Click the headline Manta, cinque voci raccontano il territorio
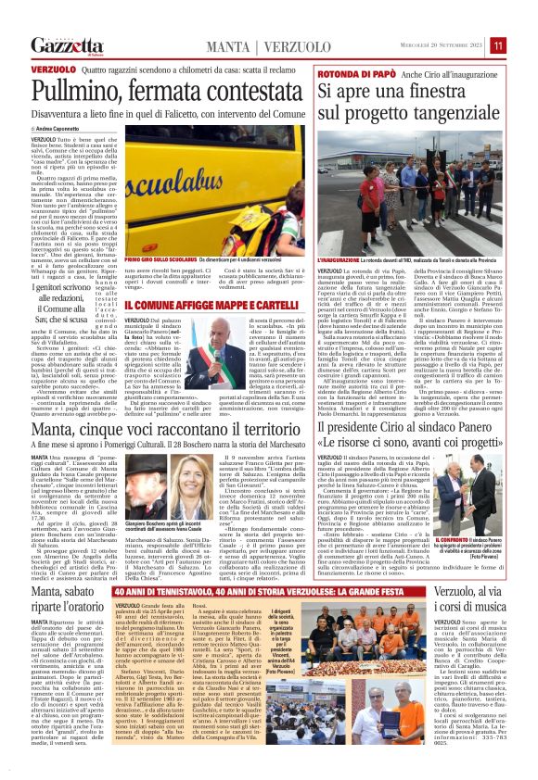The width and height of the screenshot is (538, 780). [167, 432]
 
